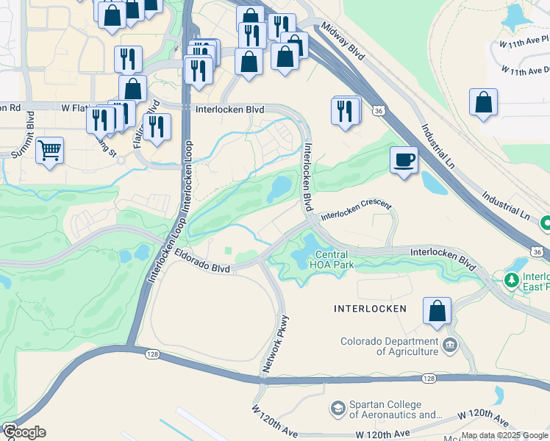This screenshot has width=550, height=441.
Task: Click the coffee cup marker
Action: [404, 159]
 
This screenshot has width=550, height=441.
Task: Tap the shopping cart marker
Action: [49, 151]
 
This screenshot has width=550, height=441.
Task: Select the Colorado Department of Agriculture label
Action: [389, 346]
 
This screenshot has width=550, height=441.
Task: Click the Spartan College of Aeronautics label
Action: [385, 409]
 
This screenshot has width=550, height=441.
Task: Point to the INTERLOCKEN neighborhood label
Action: [369, 309]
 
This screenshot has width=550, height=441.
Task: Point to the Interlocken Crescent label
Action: [357, 211]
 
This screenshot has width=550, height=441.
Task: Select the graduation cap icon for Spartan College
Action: [337, 407]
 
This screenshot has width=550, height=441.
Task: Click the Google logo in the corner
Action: [24, 432]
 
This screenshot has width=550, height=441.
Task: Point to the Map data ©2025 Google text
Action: [504, 435]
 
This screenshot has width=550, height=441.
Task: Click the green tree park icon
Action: [510, 279]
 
